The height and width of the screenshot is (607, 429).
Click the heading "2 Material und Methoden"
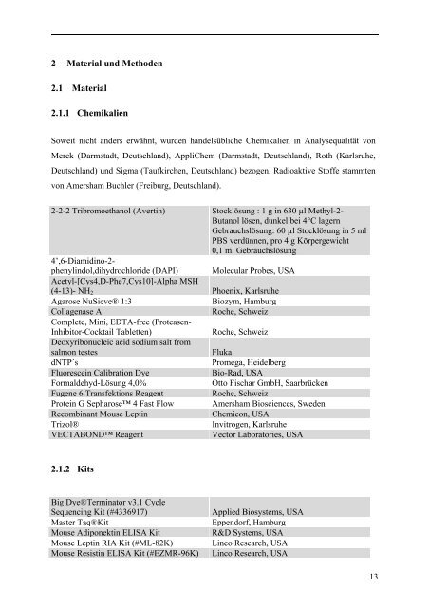click(x=107, y=64)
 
